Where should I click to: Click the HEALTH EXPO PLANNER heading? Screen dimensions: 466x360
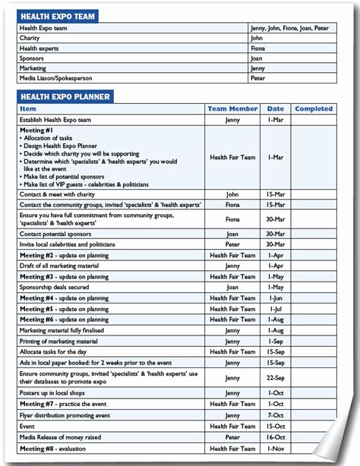65,96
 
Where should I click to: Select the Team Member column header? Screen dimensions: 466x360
232,109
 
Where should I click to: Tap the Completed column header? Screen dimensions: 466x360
314,109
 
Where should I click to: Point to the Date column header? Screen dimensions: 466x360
276,109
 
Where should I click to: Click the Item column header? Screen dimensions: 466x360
28,109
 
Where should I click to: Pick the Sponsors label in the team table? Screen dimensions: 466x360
33,58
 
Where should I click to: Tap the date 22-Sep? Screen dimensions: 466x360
276,377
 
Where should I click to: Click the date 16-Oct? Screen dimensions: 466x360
276,437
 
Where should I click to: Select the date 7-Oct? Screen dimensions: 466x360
276,416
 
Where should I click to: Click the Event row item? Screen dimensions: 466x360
27,427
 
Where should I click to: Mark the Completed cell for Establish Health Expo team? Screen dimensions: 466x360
314,119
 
